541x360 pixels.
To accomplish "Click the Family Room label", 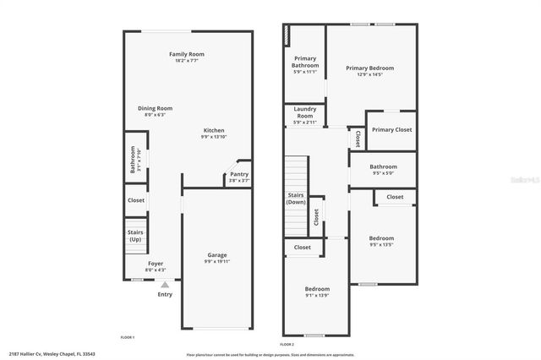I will [x=187, y=54].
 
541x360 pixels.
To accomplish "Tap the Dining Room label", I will [x=156, y=108].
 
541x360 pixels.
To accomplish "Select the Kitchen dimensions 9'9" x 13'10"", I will [x=214, y=137].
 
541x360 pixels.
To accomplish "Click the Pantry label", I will [x=239, y=174].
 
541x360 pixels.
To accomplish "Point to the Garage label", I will [x=217, y=254].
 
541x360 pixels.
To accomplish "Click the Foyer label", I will [x=156, y=264].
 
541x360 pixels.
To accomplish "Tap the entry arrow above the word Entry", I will [x=165, y=285].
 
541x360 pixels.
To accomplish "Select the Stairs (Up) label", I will [x=135, y=235].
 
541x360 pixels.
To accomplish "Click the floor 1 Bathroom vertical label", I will [x=133, y=160].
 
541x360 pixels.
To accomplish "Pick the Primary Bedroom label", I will [x=370, y=68].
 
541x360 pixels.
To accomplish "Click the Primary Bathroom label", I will [x=305, y=62].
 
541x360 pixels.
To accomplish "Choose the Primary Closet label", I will [x=391, y=130].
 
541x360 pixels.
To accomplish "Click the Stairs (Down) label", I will [x=296, y=199].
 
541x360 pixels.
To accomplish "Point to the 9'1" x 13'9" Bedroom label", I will [x=317, y=289].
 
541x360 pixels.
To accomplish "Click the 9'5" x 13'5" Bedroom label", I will [x=381, y=238].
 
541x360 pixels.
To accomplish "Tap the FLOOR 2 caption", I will [x=287, y=345].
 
